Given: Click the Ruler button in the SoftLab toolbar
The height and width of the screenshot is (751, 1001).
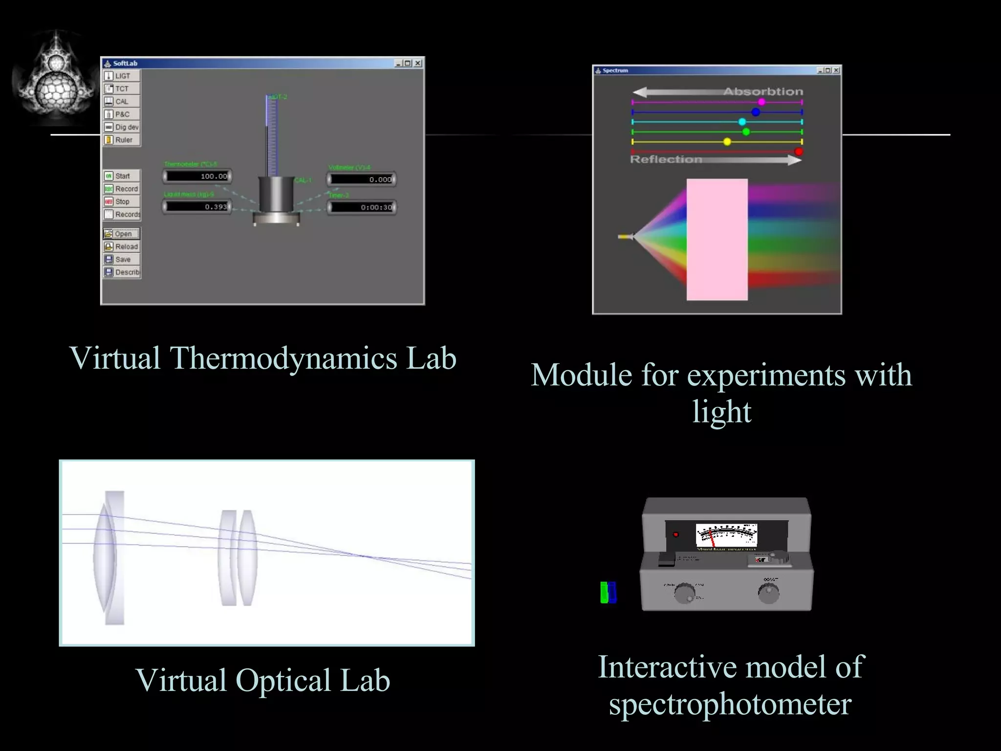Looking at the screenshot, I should (x=122, y=140).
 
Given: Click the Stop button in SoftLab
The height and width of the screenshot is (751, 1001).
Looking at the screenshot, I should (x=122, y=201).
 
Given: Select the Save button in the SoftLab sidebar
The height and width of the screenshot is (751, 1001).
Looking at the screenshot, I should (x=122, y=260).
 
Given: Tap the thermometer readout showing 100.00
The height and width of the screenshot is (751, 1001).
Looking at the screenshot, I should (x=197, y=176).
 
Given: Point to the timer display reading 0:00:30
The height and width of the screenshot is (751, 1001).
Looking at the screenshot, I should (x=362, y=207).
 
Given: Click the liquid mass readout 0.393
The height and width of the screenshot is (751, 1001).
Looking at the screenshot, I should (x=197, y=207).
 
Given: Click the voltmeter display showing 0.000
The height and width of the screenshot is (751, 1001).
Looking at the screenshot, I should (x=362, y=179).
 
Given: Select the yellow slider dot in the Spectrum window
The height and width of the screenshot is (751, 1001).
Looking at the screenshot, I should (x=727, y=142).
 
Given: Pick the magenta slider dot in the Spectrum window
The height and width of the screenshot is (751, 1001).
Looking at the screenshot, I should (x=762, y=102).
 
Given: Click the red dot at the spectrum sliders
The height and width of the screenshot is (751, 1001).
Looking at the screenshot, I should (x=799, y=152).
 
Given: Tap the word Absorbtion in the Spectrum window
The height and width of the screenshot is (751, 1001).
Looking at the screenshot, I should (x=763, y=92).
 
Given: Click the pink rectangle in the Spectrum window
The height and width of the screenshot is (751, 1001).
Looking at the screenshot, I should (x=717, y=240).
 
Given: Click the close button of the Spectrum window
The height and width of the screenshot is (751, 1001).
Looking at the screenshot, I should (x=836, y=70).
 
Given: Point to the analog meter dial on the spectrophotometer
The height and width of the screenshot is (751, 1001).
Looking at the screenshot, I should (x=726, y=535).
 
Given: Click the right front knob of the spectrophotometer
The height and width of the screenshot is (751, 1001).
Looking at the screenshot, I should (x=768, y=593).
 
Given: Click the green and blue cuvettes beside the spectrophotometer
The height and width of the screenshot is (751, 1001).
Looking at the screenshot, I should (x=608, y=592).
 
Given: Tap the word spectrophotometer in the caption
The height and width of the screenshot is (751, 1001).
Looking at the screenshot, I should (x=730, y=705).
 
